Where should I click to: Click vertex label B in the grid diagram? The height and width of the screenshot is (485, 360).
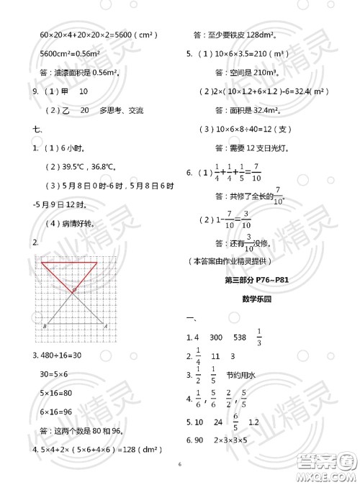[x=45, y=326]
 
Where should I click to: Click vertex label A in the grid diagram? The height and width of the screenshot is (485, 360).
[x=106, y=326]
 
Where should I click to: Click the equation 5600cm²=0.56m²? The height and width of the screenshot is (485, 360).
[x=74, y=53]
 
